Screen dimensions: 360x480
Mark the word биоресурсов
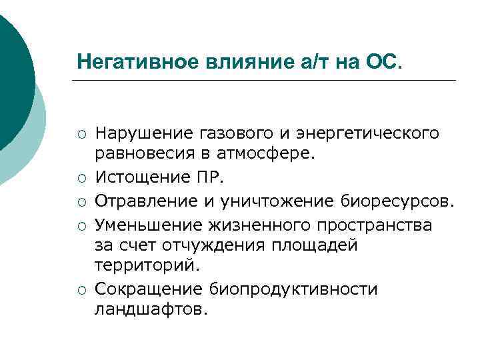pos(397,201)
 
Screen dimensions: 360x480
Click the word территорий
pos(147,265)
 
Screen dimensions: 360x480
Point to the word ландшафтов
pos(151,309)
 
